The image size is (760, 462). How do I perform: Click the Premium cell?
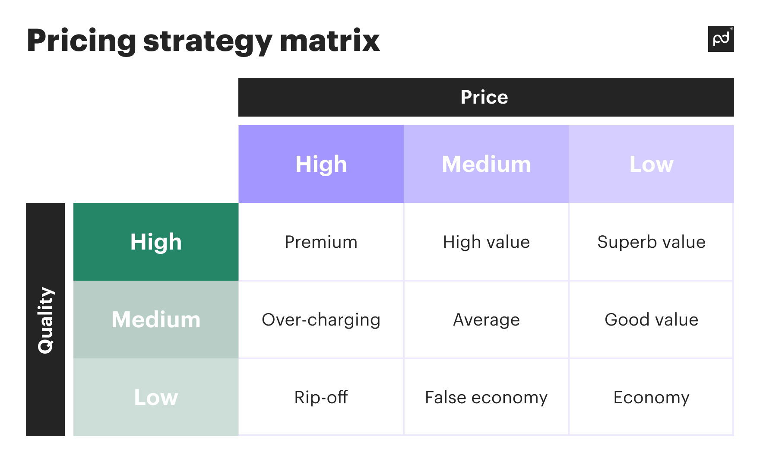pos(321,242)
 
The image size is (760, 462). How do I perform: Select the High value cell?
pos(486,242)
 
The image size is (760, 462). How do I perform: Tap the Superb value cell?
pos(651,242)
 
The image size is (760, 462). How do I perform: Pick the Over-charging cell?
pos(321,320)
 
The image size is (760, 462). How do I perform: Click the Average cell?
pos(486,320)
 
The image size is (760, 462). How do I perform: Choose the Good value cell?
pos(651,320)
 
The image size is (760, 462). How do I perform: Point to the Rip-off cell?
pos(321,397)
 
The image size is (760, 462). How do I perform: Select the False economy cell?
pos(486,397)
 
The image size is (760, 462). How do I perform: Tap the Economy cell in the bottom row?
pos(651,397)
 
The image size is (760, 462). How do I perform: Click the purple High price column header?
pos(321,164)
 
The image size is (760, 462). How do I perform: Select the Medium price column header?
pos(486,164)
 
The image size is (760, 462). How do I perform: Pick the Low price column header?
pos(651,164)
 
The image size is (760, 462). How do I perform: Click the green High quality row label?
pos(156,242)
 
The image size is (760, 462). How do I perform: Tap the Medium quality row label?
pos(156,320)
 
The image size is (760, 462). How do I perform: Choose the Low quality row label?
pos(156,397)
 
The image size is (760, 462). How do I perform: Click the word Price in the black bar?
pos(484,97)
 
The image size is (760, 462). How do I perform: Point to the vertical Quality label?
pos(45,320)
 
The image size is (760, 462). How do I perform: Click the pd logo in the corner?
pos(721,39)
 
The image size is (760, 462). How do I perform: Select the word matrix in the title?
pos(329,41)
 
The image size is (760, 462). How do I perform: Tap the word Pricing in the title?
pos(81,41)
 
